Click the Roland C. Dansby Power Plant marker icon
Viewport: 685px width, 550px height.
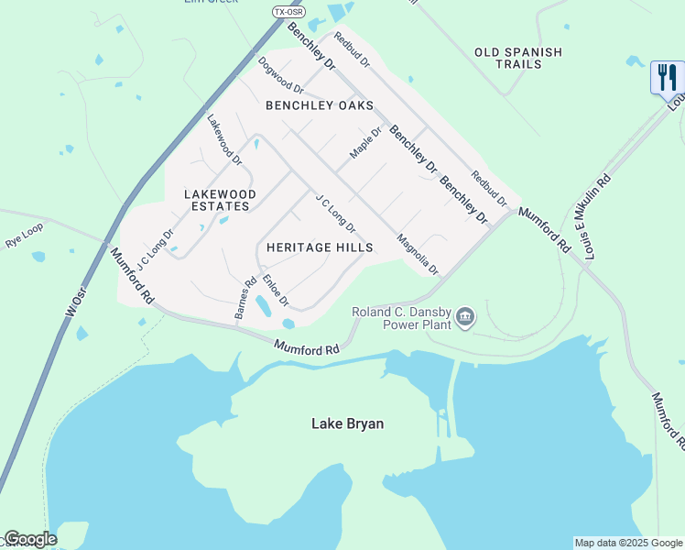pos(466,317)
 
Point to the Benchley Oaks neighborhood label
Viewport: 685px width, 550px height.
pos(320,105)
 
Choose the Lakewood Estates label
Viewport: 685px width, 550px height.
pos(220,200)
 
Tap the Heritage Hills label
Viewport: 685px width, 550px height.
pos(320,247)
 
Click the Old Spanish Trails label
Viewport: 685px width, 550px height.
pos(518,58)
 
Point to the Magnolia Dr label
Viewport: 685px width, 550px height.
pos(419,254)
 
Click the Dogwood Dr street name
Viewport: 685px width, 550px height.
pos(281,75)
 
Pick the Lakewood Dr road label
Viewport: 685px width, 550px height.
pos(224,139)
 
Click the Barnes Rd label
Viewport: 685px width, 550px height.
pos(245,300)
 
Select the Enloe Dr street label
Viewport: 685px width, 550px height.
pos(276,291)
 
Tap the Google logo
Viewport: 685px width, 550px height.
pos(30,539)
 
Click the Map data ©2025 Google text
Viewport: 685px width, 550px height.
pos(628,543)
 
